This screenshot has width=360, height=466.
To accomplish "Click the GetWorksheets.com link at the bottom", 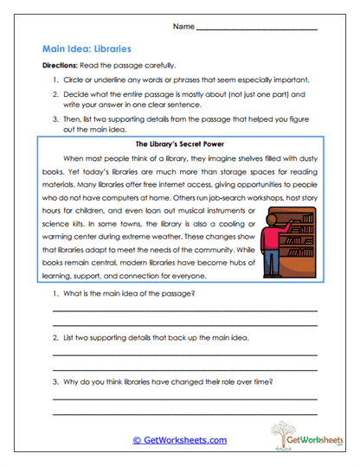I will (x=179, y=439).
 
